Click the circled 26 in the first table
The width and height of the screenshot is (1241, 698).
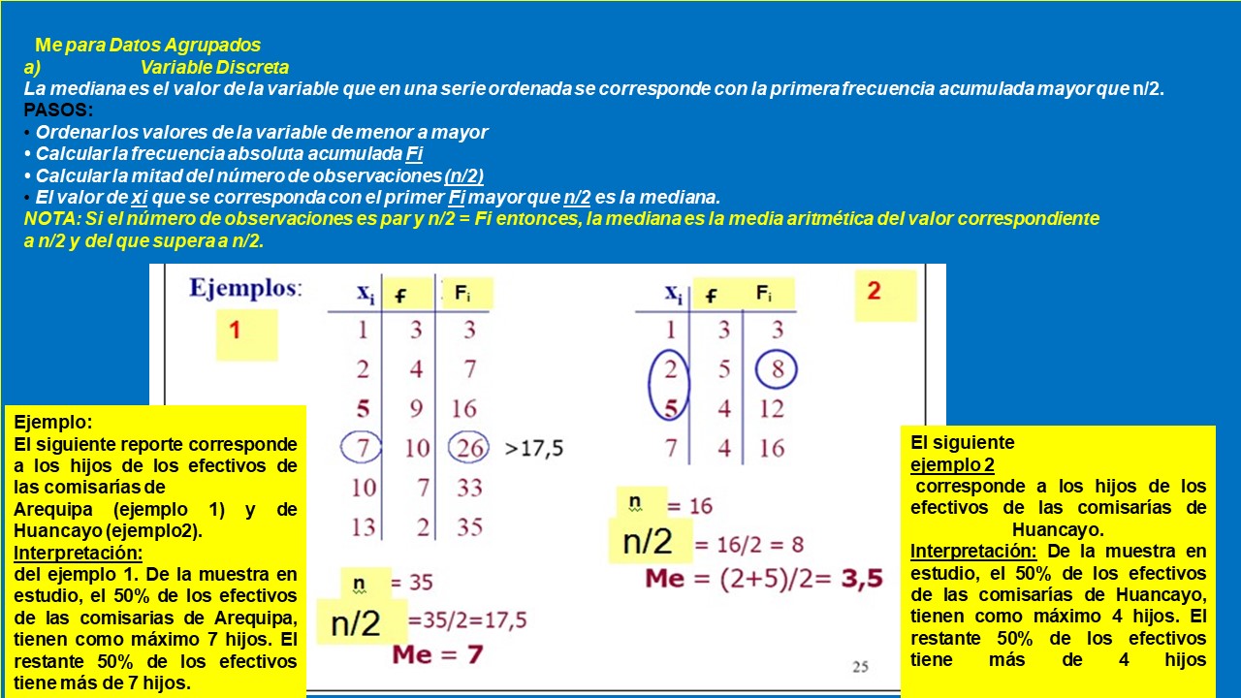(x=470, y=447)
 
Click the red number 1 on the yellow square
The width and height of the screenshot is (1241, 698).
(x=235, y=331)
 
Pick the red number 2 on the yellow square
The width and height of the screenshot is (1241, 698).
(x=875, y=291)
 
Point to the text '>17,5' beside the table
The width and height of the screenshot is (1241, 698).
(x=534, y=448)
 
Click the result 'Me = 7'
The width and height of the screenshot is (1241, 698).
(x=437, y=654)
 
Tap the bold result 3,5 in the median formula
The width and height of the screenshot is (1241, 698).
(x=861, y=579)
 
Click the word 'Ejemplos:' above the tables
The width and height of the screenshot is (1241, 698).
(x=245, y=288)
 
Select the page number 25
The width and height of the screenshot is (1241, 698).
(x=861, y=666)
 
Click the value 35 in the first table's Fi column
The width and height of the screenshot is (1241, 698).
(x=469, y=526)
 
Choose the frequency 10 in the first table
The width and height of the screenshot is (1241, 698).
(x=416, y=447)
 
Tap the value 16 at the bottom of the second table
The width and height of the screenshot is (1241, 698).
(x=772, y=448)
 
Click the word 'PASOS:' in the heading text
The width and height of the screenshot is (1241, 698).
(x=58, y=111)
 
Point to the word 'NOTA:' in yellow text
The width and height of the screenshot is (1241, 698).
(x=53, y=218)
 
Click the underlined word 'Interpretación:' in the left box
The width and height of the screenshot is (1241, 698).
(x=79, y=554)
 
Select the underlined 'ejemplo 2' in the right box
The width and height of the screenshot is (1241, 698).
(x=952, y=464)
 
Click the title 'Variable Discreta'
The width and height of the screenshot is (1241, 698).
(x=214, y=67)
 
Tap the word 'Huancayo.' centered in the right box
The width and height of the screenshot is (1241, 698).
(x=1058, y=529)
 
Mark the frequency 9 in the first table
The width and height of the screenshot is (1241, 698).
(x=416, y=408)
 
